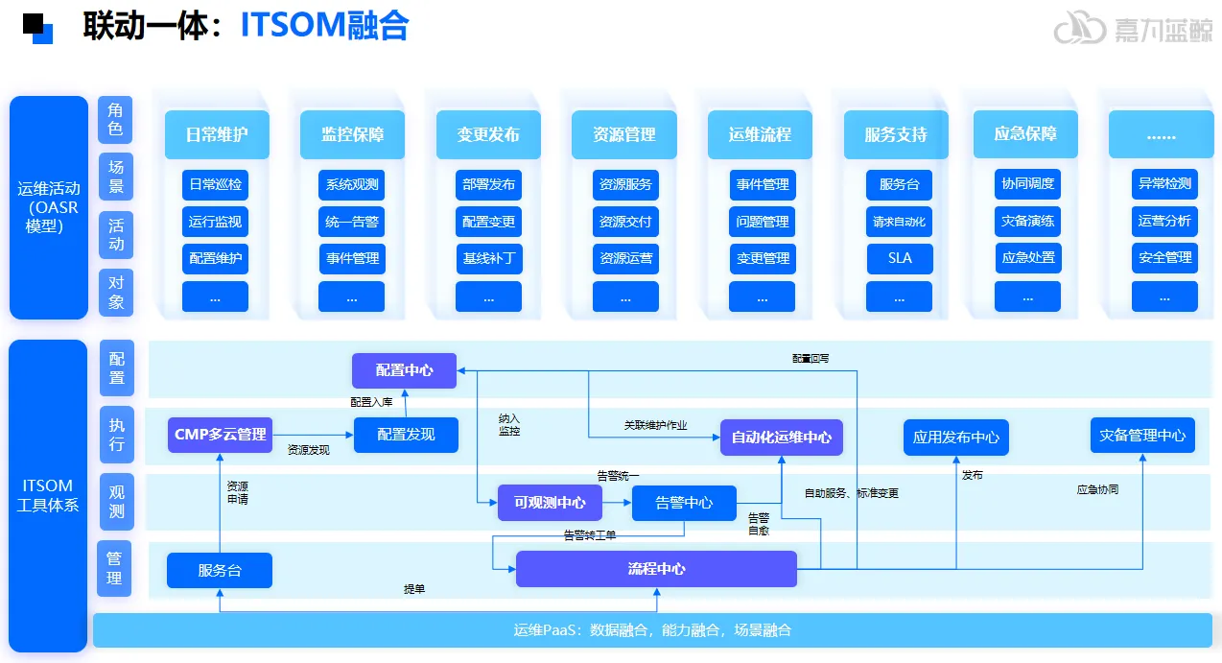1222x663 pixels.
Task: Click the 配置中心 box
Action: coord(404,370)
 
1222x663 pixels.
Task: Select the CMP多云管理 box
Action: coord(220,435)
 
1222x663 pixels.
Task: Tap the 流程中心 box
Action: coord(656,569)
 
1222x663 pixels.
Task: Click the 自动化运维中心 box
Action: coord(781,437)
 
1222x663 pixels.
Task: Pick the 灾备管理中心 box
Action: coord(1142,435)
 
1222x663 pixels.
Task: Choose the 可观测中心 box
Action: coord(549,503)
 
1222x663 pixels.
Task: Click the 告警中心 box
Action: coord(684,503)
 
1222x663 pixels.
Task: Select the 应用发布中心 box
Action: coord(955,437)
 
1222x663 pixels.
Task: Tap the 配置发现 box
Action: coord(406,435)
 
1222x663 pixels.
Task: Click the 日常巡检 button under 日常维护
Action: coord(215,184)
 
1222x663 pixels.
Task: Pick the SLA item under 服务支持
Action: coord(900,258)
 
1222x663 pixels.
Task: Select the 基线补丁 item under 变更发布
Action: coord(489,258)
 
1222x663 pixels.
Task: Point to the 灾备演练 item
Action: coord(1027,222)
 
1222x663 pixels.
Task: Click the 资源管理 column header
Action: coord(624,134)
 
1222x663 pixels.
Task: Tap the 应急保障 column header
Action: coord(1025,134)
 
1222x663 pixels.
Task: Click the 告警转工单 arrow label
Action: coord(589,535)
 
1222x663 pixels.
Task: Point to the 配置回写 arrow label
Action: coord(811,358)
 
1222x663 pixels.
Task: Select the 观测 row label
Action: coord(116,501)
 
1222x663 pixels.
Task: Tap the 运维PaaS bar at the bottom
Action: coord(652,630)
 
